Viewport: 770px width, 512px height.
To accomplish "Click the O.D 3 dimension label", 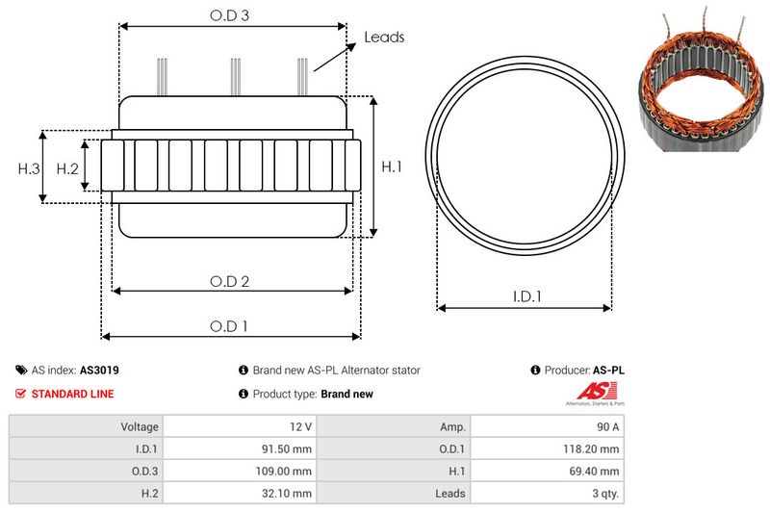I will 230,15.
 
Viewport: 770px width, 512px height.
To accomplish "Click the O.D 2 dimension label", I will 230,281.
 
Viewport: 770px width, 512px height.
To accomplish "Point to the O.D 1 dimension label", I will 230,326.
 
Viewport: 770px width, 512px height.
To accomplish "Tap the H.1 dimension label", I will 391,166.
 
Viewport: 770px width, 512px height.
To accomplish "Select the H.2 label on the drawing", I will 67,168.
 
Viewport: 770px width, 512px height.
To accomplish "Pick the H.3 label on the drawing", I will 29,168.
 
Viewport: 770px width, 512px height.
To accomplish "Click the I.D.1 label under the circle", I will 526,297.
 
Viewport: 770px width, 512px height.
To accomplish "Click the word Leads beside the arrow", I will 384,38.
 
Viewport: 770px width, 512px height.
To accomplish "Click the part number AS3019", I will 99,370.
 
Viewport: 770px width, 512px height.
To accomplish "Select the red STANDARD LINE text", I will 72,394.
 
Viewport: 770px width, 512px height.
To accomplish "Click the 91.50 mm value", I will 288,448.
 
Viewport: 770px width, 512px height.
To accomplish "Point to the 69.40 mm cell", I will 595,471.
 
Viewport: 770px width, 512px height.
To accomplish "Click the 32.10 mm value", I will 288,493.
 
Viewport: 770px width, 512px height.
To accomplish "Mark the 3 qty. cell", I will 603,493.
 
